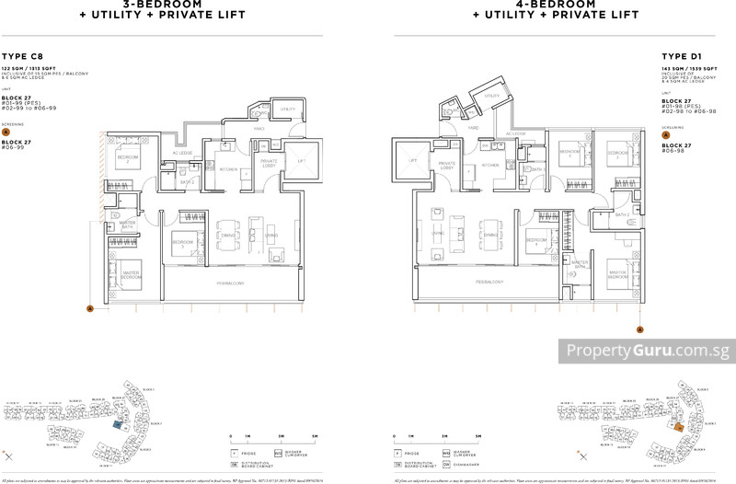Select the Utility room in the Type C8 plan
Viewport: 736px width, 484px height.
pyautogui.click(x=288, y=109)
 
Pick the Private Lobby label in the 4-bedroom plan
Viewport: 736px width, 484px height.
pyautogui.click(x=447, y=166)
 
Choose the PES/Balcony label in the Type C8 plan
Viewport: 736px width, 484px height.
pyautogui.click(x=230, y=282)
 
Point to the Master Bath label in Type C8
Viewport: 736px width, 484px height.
pyautogui.click(x=129, y=225)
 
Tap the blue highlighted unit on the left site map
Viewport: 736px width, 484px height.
pyautogui.click(x=118, y=425)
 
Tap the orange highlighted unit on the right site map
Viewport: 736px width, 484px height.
pyautogui.click(x=678, y=427)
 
